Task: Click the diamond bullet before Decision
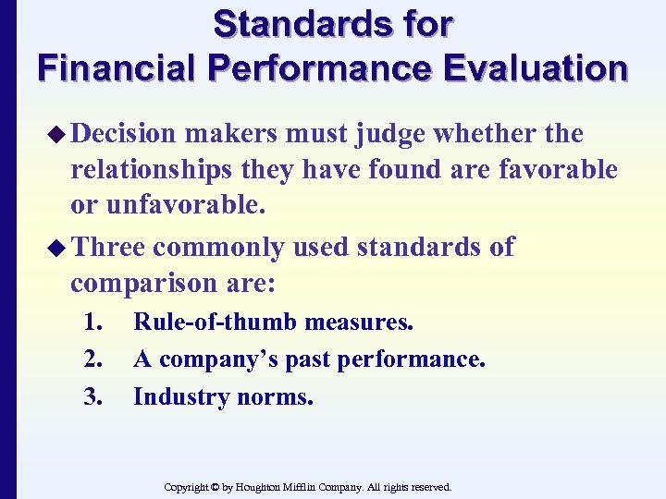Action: [x=57, y=135]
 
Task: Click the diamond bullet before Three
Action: [x=57, y=248]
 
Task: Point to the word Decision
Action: [x=124, y=135]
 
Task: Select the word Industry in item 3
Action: [x=173, y=396]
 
